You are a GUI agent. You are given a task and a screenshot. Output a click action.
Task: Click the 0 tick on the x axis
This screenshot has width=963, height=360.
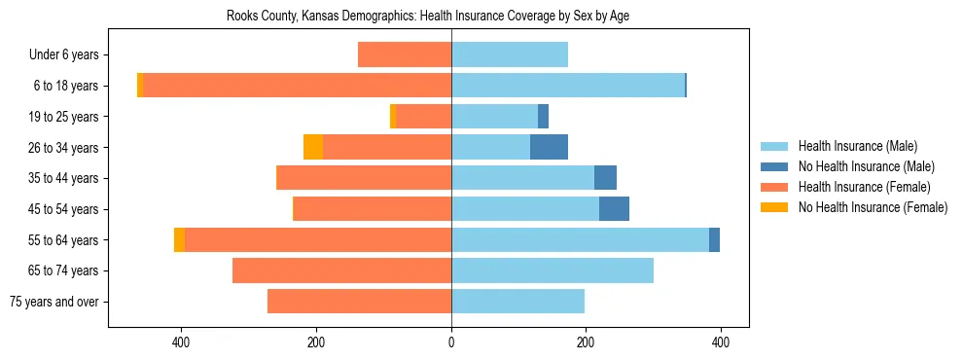(451, 342)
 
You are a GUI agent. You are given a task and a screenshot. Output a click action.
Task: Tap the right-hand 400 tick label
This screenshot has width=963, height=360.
(720, 342)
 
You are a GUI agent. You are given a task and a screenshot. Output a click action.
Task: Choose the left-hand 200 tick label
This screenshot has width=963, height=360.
(316, 342)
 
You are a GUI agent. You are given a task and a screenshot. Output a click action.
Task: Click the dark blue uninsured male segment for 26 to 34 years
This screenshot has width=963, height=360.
(549, 148)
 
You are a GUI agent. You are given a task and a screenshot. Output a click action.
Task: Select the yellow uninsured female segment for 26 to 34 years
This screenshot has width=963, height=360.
(313, 148)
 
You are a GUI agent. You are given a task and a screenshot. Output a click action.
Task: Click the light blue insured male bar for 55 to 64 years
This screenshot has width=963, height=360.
(580, 239)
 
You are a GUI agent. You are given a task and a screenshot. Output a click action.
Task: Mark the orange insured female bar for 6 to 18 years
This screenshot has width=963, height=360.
(298, 86)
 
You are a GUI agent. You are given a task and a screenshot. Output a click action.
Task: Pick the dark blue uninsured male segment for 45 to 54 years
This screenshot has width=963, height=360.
(614, 209)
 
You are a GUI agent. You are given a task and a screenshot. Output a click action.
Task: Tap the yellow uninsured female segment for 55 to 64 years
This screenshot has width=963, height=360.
(179, 239)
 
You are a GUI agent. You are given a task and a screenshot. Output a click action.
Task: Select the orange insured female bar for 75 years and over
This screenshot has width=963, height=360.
(359, 302)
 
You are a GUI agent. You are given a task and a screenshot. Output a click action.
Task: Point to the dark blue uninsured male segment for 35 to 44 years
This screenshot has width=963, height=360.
(605, 178)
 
